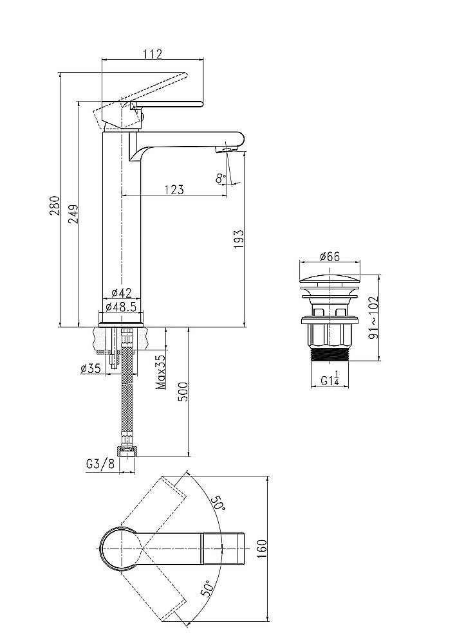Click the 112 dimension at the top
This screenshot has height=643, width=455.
point(153,54)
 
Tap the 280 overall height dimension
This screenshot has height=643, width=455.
point(55,206)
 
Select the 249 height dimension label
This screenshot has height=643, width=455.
point(73,213)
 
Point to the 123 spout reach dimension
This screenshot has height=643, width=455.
point(174,190)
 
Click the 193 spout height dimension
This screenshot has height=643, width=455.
point(239,239)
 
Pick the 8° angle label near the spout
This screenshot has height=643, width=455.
point(221,178)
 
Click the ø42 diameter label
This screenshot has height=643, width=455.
point(122,293)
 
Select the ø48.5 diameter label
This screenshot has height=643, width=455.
point(122,307)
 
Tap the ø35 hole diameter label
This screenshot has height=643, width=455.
point(91,368)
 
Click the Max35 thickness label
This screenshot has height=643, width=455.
point(161,372)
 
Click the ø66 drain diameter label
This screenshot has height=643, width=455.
point(330,257)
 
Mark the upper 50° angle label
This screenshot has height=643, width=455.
point(218,503)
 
